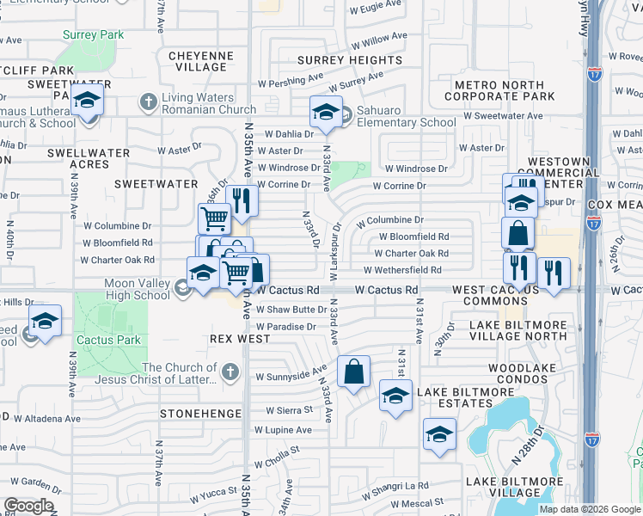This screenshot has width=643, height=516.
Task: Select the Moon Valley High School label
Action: (x=138, y=289)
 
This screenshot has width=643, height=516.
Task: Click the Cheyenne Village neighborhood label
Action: (x=201, y=61)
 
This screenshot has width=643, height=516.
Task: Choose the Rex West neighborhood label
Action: (x=240, y=339)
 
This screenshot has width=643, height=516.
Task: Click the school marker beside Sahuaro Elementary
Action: (x=326, y=112)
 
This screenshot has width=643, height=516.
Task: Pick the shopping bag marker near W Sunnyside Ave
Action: (x=353, y=372)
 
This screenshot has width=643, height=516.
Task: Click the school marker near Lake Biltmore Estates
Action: (x=395, y=396)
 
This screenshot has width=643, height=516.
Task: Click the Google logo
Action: (x=28, y=506)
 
